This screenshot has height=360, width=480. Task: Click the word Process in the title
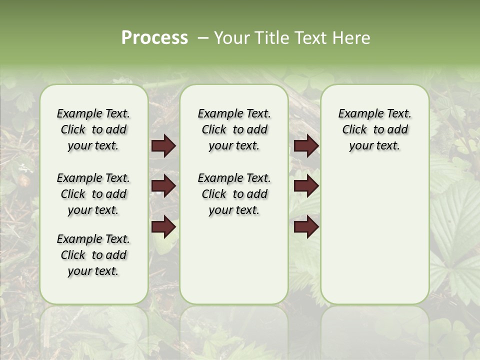tap(154, 38)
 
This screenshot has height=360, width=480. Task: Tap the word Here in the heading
tap(352, 38)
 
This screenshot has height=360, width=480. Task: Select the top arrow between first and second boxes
tap(163, 146)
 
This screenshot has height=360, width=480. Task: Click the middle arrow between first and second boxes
tap(163, 186)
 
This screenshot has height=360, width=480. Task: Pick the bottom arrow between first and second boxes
tap(163, 226)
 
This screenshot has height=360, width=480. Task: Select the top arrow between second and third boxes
tap(306, 146)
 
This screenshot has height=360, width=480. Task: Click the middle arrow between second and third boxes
tap(306, 186)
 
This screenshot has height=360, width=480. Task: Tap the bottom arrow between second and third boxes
tap(306, 226)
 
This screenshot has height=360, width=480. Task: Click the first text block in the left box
tap(93, 129)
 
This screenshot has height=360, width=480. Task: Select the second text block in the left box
tap(93, 194)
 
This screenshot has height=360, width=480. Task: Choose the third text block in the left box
tap(93, 255)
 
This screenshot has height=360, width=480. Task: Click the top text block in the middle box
tap(234, 129)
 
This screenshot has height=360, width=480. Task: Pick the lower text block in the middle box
tap(234, 194)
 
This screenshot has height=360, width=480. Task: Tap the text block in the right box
tap(374, 129)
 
